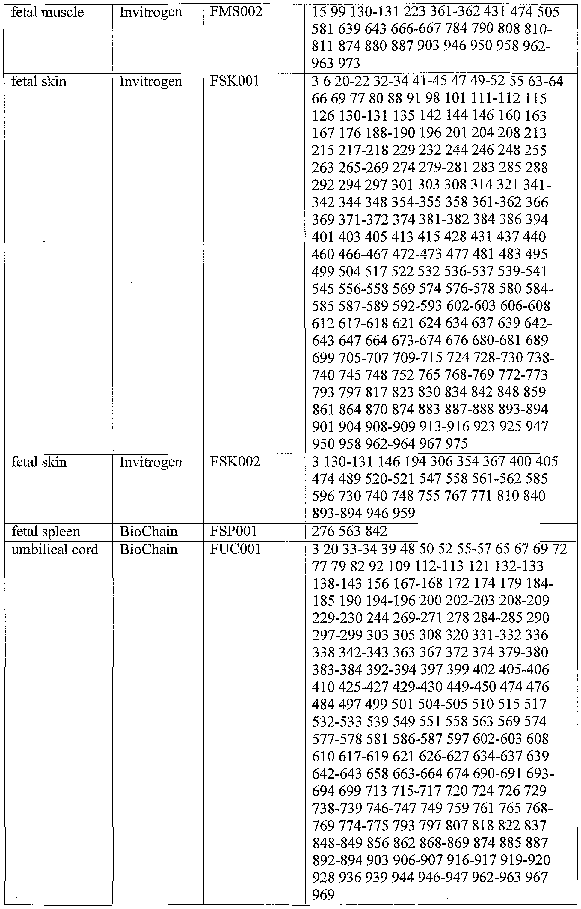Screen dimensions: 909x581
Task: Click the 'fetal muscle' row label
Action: coord(47,13)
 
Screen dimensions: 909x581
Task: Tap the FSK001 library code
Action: coord(235,81)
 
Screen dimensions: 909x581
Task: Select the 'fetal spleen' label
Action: coord(46,532)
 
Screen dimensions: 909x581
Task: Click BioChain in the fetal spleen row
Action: coord(149,531)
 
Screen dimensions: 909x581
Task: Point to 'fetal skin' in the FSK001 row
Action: coord(39,81)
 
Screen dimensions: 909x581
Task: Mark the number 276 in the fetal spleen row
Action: coord(323,531)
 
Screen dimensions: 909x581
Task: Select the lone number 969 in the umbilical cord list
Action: coord(323,895)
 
